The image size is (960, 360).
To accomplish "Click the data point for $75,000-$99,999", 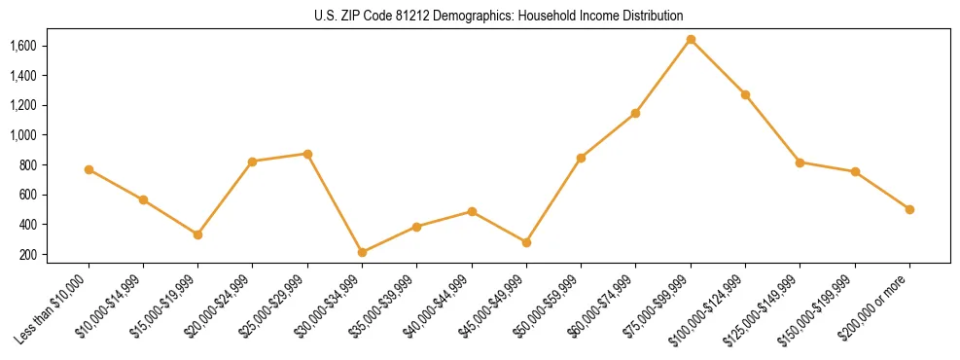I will click(x=691, y=40).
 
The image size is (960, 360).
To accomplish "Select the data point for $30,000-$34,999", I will click(x=362, y=252).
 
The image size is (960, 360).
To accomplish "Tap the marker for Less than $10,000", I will click(x=89, y=169).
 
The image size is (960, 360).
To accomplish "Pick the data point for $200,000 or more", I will click(x=909, y=209).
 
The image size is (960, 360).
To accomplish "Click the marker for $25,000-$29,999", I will click(x=307, y=154).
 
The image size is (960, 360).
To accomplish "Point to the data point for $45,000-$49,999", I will click(x=526, y=242).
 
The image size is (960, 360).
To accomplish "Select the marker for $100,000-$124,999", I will click(x=745, y=94).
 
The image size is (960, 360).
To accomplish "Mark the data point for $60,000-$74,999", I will click(x=635, y=113).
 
